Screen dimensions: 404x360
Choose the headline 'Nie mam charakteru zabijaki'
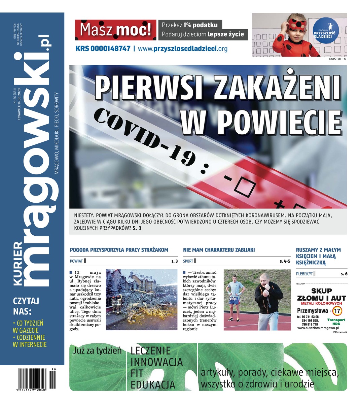click(219, 250)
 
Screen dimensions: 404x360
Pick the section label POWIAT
click(76, 261)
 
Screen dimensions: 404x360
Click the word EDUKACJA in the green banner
click(153, 384)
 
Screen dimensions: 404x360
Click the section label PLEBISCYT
click(304, 274)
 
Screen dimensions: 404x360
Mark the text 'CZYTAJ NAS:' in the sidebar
click(26, 305)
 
